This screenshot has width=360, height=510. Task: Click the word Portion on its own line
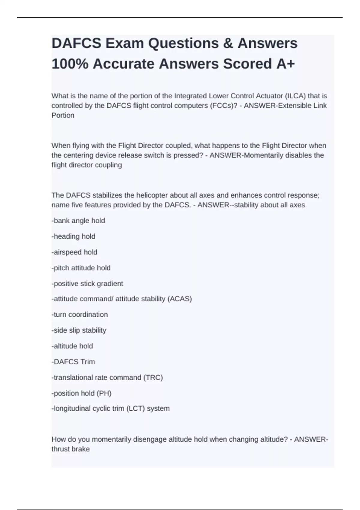pos(63,115)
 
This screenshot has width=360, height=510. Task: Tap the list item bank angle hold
pos(79,221)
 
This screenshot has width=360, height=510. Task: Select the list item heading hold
pos(74,236)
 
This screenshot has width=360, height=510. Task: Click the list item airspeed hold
pos(75,252)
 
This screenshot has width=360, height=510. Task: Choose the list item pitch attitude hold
pos(81,268)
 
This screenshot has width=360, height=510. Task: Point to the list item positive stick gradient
pos(88,283)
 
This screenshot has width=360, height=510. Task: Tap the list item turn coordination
pos(80,314)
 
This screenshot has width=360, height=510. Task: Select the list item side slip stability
pos(79,330)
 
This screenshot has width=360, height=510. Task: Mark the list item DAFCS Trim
pos(73,362)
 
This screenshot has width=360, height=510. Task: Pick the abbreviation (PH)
pos(104,393)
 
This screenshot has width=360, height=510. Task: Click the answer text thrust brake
pos(70,449)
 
